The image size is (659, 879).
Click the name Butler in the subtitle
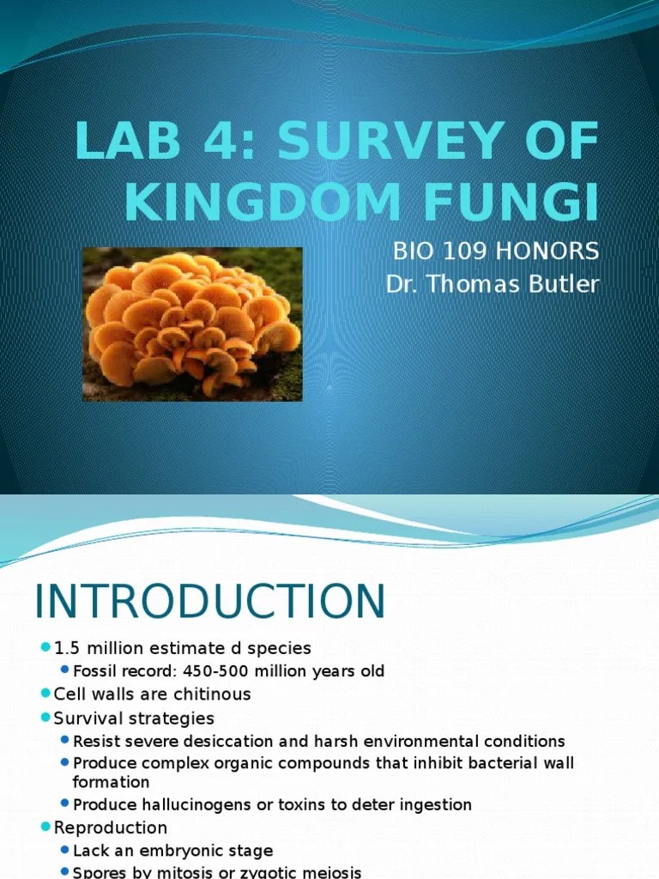pyautogui.click(x=557, y=284)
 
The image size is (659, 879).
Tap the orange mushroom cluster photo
pyautogui.click(x=192, y=324)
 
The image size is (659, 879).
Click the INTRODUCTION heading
pyautogui.click(x=210, y=602)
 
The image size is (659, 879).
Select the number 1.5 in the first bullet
pyautogui.click(x=66, y=647)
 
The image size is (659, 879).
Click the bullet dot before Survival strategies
pyautogui.click(x=45, y=717)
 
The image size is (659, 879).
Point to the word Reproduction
pyautogui.click(x=110, y=827)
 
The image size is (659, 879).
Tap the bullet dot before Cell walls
pyautogui.click(x=45, y=693)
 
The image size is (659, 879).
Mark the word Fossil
pyautogui.click(x=94, y=670)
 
